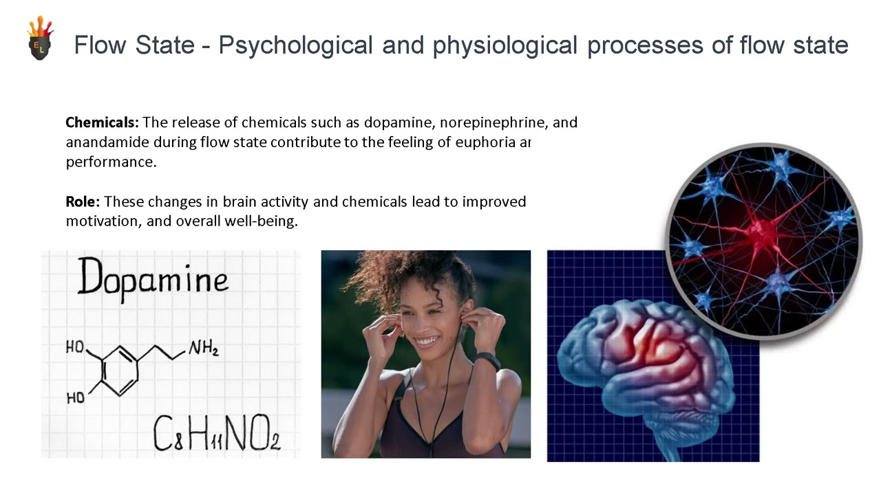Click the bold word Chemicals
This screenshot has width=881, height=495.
coord(102,123)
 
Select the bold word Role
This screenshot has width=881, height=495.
coord(83,202)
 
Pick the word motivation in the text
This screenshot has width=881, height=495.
coord(103,222)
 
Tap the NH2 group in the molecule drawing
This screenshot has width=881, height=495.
coord(204,350)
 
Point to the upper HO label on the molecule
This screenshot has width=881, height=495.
coord(74,347)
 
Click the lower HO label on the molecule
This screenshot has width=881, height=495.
coord(75,397)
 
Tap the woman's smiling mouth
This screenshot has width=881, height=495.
coord(427,341)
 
